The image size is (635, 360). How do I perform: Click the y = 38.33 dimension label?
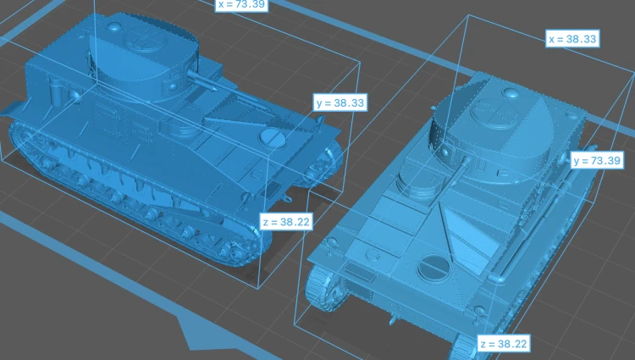[x=340, y=102]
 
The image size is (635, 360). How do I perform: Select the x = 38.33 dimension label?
[x=572, y=39]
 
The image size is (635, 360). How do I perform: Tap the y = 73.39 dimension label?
[x=597, y=160]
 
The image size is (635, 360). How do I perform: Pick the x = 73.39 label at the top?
[x=241, y=4]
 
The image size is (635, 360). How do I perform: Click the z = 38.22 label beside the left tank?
[x=286, y=222]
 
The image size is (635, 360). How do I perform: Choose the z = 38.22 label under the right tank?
[x=503, y=344]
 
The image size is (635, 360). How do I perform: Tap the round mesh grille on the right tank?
[x=433, y=268]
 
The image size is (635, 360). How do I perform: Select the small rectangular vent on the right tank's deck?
[x=360, y=273]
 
